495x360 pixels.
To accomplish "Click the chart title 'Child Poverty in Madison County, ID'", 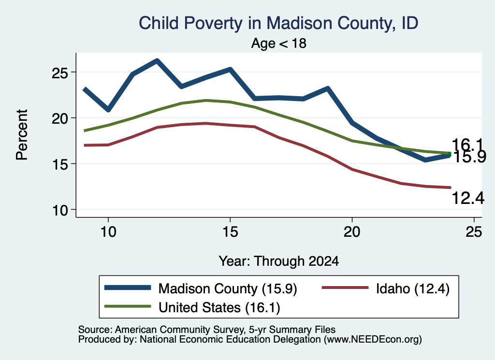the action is pos(278,23).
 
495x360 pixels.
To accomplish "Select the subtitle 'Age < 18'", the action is pos(279,43).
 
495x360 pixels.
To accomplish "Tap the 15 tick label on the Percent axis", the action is pos(60,164).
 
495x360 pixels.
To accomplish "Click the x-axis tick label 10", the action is pos(108,232).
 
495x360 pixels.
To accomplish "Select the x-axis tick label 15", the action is pos(230,232).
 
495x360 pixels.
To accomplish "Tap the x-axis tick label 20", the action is pos(352,232).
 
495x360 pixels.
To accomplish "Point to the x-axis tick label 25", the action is pos(474,232).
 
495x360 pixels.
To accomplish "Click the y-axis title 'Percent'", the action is pos(22,135).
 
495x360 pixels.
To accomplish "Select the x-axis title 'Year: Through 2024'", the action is pos(279,261).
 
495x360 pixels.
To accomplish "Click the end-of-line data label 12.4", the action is pos(468,198).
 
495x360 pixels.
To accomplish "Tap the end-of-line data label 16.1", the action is pos(467,145).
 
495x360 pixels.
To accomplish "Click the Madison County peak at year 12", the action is pos(157,60).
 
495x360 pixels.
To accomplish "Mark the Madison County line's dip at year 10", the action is pos(108,110).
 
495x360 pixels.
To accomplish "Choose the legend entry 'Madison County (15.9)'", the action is pos(201,288).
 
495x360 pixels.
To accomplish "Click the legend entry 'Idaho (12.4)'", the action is pos(386,288).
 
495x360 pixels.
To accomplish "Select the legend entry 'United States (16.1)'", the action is pos(192,307).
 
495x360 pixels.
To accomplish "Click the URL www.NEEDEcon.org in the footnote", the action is pos(373,340).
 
